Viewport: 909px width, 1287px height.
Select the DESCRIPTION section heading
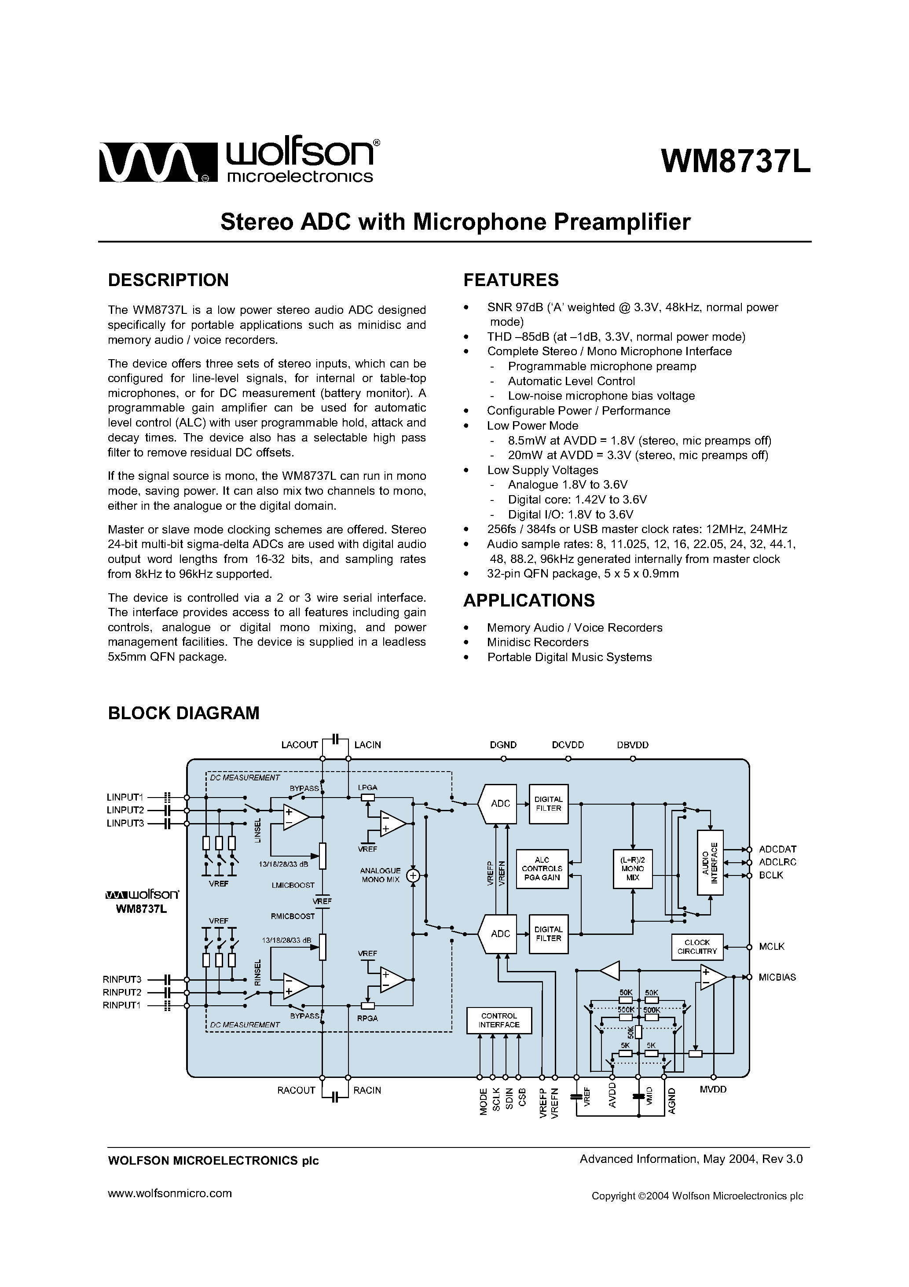click(x=168, y=280)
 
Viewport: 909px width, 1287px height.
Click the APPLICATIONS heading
click(x=528, y=600)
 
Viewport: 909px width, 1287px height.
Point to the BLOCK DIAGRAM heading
click(x=183, y=713)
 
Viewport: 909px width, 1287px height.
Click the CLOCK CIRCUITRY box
click(x=697, y=947)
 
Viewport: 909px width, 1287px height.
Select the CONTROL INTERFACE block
click(x=499, y=1020)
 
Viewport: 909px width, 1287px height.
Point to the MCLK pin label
click(x=772, y=947)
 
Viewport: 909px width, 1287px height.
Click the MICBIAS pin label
click(x=777, y=977)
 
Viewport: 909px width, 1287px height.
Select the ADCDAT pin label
click(x=778, y=849)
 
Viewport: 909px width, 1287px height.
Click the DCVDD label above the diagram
click(x=568, y=745)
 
